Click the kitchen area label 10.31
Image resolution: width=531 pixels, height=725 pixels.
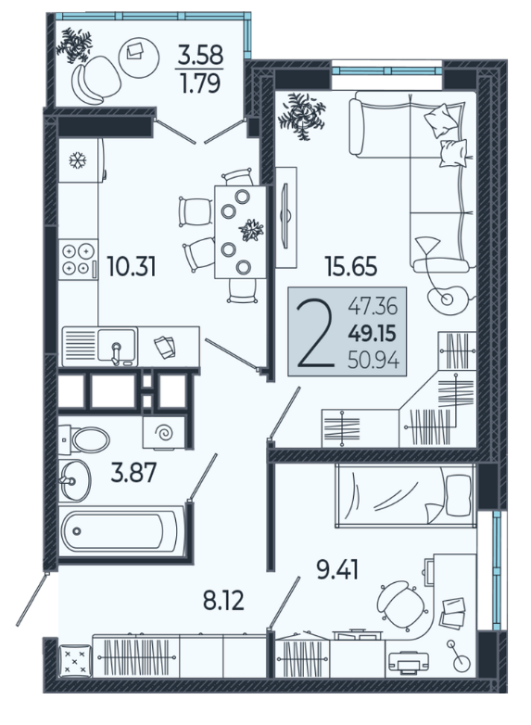pos(132,266)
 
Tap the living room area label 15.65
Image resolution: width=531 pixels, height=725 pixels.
pos(351,266)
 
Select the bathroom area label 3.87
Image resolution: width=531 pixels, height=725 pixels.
pos(134,474)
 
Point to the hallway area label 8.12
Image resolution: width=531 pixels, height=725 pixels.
pos(223,601)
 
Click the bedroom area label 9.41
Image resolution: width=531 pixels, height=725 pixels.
pos(337,570)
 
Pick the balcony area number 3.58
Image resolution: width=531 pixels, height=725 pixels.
pos(201,55)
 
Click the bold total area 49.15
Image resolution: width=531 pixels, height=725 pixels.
pos(372,333)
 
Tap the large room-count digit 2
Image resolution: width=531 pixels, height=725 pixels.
pos(316,333)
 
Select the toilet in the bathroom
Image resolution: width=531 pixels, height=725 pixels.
pos(85,439)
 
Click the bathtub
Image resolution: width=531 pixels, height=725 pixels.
pos(120,531)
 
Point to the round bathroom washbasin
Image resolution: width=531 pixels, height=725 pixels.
pos(75,480)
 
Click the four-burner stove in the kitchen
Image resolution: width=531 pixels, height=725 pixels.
pos(78,259)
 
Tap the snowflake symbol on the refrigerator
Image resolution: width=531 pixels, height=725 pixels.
pos(78,160)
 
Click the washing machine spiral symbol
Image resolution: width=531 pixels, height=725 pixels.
pos(165,433)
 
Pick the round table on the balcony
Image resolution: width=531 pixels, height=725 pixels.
pos(139,57)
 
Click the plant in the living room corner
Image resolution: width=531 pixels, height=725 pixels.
pos(302,116)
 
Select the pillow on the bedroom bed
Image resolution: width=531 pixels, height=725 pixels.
pos(458,495)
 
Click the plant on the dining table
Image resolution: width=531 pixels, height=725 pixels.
pos(251,230)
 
